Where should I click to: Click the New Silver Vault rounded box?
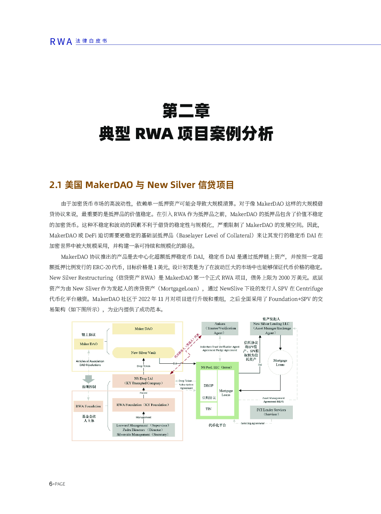click(143, 353)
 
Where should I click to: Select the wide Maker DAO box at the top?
click(143, 329)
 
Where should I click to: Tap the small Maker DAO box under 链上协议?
click(89, 344)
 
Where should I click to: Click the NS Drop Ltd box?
click(143, 381)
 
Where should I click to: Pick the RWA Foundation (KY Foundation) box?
click(143, 405)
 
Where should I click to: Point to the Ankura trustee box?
click(220, 328)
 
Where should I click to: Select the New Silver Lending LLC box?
click(271, 328)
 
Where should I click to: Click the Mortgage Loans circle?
click(280, 363)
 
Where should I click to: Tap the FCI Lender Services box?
click(271, 412)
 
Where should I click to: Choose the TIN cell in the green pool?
click(208, 409)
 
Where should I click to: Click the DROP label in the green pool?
click(208, 385)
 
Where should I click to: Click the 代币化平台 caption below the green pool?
click(217, 425)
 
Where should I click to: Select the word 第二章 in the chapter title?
click(186, 111)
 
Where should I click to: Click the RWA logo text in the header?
click(61, 42)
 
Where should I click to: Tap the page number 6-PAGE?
click(57, 484)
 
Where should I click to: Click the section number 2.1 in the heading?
click(55, 185)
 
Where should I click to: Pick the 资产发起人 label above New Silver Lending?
click(271, 319)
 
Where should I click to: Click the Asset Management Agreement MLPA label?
click(273, 400)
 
